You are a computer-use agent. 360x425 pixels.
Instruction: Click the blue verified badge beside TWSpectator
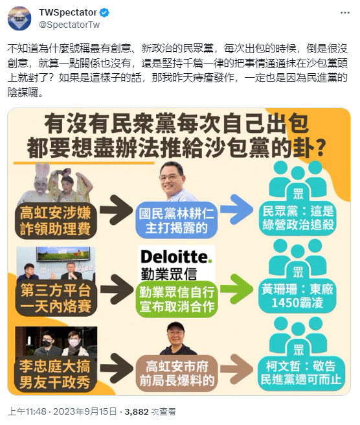click(104, 13)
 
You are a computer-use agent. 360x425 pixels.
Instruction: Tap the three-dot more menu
click(345, 13)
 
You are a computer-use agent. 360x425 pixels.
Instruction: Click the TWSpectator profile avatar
click(19, 18)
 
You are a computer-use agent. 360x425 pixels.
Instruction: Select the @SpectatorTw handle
click(69, 25)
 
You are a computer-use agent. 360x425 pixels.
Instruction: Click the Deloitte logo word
click(176, 257)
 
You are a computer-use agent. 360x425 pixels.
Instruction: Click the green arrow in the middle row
click(236, 288)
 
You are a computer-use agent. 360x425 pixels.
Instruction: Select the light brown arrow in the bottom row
click(236, 369)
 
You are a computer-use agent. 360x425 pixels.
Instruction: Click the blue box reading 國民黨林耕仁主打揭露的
click(176, 220)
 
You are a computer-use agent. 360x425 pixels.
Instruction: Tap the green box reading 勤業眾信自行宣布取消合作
click(176, 299)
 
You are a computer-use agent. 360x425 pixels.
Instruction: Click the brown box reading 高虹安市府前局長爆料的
click(176, 374)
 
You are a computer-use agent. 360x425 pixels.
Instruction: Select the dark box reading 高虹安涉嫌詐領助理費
click(56, 220)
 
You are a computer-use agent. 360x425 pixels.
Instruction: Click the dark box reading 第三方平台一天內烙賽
click(56, 298)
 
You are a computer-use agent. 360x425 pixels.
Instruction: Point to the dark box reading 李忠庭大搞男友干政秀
click(56, 374)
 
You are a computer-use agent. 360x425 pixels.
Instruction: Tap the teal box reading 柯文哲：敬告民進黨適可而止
click(300, 373)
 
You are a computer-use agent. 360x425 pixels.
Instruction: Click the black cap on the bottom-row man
click(175, 327)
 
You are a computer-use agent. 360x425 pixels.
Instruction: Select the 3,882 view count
click(137, 412)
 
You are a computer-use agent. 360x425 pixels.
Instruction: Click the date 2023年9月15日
click(85, 412)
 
